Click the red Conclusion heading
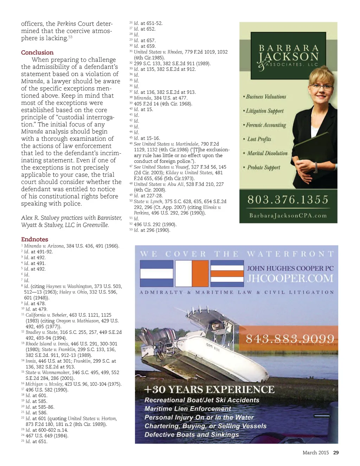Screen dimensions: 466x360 (37, 52)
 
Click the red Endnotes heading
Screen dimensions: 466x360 (34, 239)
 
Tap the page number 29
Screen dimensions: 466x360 (336, 453)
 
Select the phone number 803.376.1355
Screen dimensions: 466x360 (288, 200)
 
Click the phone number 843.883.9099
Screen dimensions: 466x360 (290, 339)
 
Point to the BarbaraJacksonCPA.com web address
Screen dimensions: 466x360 (288, 216)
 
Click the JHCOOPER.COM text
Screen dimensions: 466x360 (290, 278)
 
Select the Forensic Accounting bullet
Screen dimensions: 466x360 (266, 125)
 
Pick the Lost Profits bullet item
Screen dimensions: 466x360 (259, 139)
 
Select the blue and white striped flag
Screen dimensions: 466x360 (156, 274)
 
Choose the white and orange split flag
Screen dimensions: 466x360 (192, 274)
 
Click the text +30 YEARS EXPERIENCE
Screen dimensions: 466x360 (210, 390)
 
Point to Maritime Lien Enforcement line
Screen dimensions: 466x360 (188, 409)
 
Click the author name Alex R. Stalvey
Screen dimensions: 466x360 (40, 218)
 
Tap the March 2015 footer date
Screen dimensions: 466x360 (315, 453)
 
